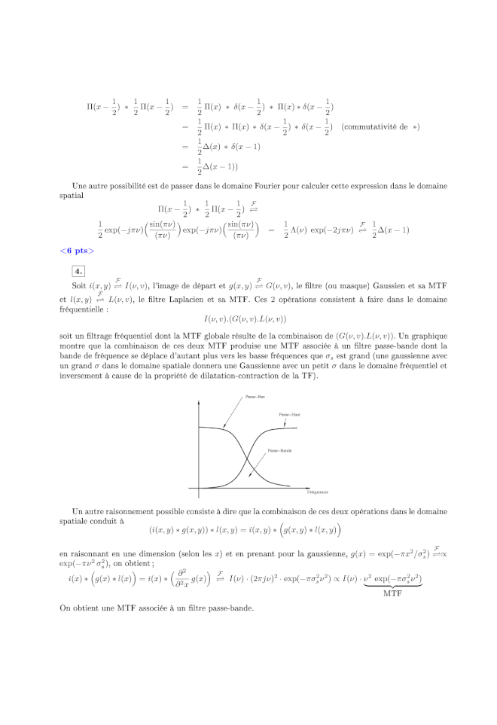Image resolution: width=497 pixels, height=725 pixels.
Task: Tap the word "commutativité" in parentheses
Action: pyautogui.click(x=369, y=126)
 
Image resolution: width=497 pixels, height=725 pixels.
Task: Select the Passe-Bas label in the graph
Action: pyautogui.click(x=255, y=396)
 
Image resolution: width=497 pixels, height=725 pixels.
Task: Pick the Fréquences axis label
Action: pyautogui.click(x=317, y=492)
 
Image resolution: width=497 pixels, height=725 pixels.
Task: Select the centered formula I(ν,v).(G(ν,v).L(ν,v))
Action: pyautogui.click(x=248, y=318)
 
